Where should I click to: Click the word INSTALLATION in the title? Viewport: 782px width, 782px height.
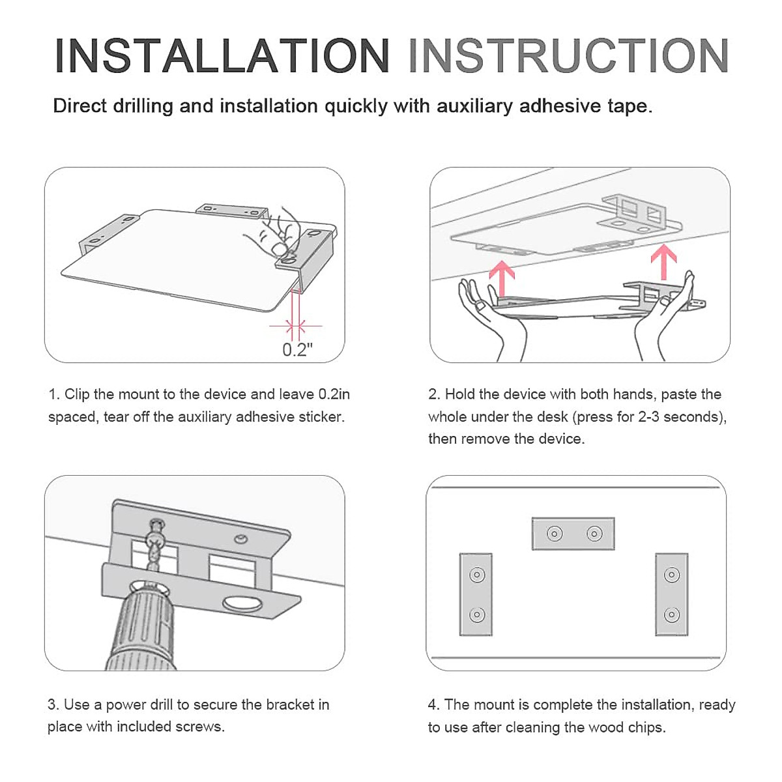pyautogui.click(x=222, y=55)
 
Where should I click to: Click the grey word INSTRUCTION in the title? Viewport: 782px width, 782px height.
pyautogui.click(x=568, y=55)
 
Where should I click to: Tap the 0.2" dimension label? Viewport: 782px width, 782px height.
pyautogui.click(x=297, y=349)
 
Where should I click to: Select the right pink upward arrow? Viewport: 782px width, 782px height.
pyautogui.click(x=663, y=261)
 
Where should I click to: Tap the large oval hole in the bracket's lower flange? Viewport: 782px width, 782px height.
pyautogui.click(x=242, y=604)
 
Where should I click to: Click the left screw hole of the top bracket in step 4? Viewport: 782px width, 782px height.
pyautogui.click(x=555, y=533)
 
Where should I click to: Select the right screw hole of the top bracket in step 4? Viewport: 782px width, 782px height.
pyautogui.click(x=594, y=533)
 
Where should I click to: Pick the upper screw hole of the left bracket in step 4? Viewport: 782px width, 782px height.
pyautogui.click(x=477, y=575)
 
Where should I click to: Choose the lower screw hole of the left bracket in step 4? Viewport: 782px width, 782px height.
pyautogui.click(x=477, y=615)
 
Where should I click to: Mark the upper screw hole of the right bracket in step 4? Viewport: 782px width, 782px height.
pyautogui.click(x=672, y=575)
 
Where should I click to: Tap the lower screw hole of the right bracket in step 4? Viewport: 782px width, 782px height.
pyautogui.click(x=672, y=615)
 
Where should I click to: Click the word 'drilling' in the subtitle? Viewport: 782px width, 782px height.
pyautogui.click(x=143, y=107)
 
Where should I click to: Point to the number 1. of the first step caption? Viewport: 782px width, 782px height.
pyautogui.click(x=54, y=394)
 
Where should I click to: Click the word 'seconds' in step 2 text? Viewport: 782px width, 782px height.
pyautogui.click(x=694, y=417)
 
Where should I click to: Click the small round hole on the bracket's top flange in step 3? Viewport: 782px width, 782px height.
pyautogui.click(x=241, y=539)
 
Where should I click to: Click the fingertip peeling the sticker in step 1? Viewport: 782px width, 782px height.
pyautogui.click(x=278, y=248)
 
